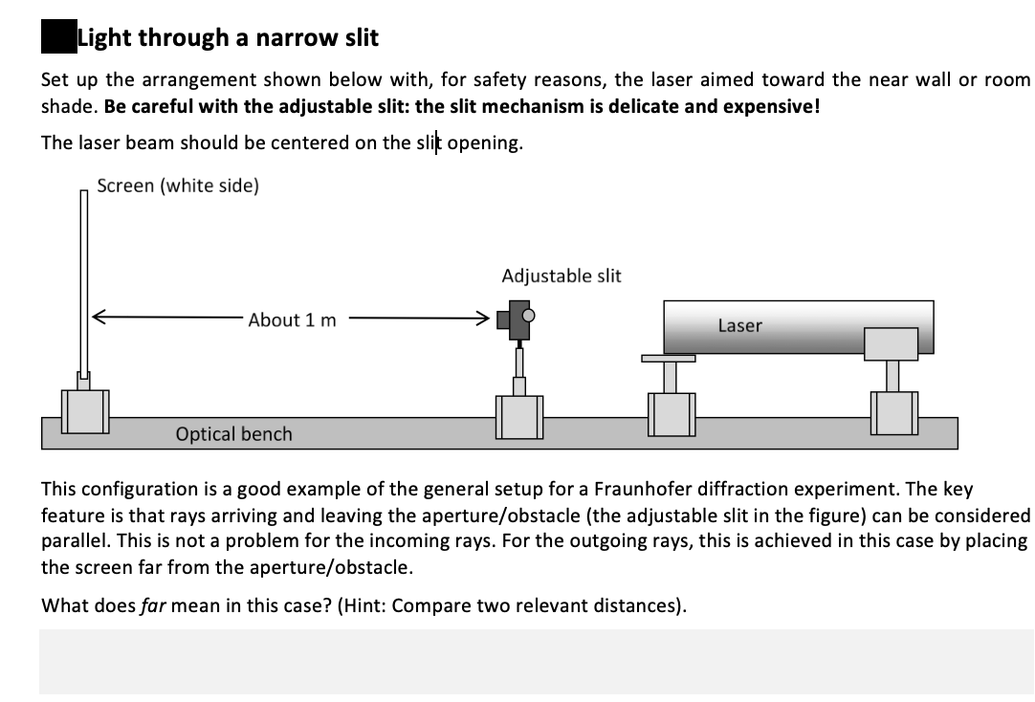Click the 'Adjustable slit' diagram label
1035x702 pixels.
561,275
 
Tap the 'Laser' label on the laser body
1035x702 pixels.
739,325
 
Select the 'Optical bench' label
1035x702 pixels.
233,434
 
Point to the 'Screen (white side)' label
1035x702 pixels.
177,186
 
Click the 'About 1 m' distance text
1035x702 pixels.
292,319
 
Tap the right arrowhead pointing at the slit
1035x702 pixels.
485,318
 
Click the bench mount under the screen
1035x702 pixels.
85,410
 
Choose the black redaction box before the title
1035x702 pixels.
57,38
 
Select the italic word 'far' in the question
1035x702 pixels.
153,605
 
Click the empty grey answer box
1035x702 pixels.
536,661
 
